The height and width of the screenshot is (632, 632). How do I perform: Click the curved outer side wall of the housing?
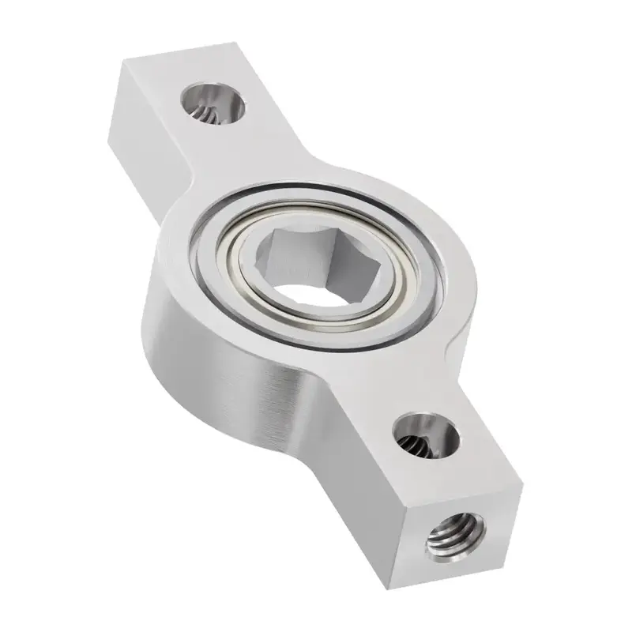click(x=213, y=348)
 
